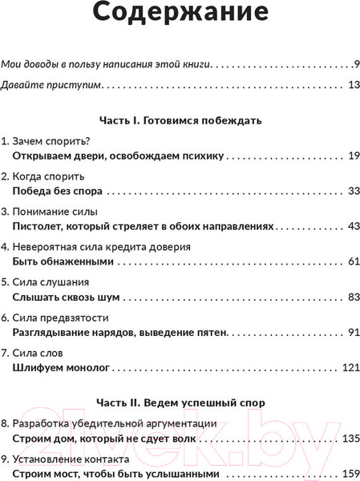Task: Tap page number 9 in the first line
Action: pos(354,63)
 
